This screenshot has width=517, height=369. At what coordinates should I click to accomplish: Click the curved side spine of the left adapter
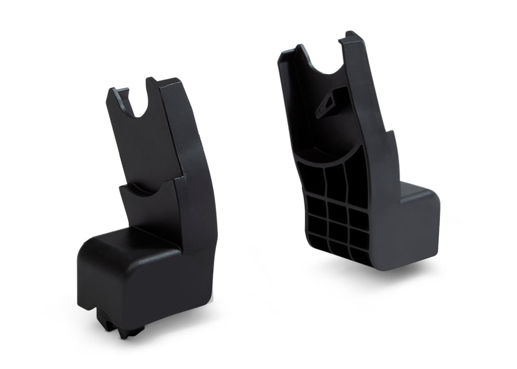(x=192, y=172)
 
